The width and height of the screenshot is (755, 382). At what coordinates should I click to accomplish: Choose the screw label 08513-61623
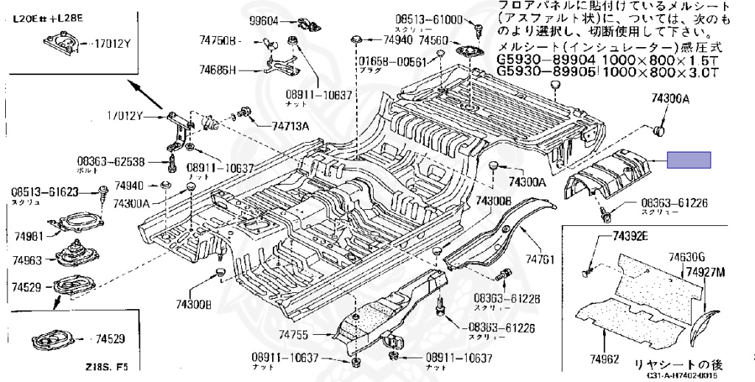[45, 191]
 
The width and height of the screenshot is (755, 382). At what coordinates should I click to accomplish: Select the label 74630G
[686, 257]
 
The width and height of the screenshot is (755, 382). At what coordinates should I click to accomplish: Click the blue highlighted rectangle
[689, 160]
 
